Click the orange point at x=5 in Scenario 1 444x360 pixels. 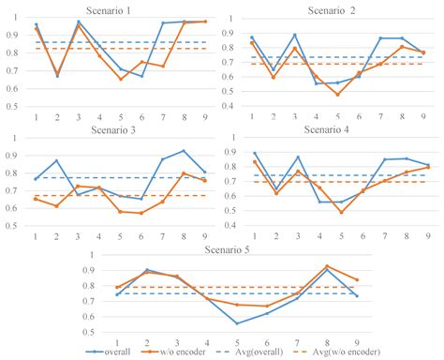pos(120,79)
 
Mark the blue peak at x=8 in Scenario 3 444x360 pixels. pos(184,151)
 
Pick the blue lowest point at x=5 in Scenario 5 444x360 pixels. pos(238,323)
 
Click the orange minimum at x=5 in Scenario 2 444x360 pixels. pos(337,94)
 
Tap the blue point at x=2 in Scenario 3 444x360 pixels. pos(57,161)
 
